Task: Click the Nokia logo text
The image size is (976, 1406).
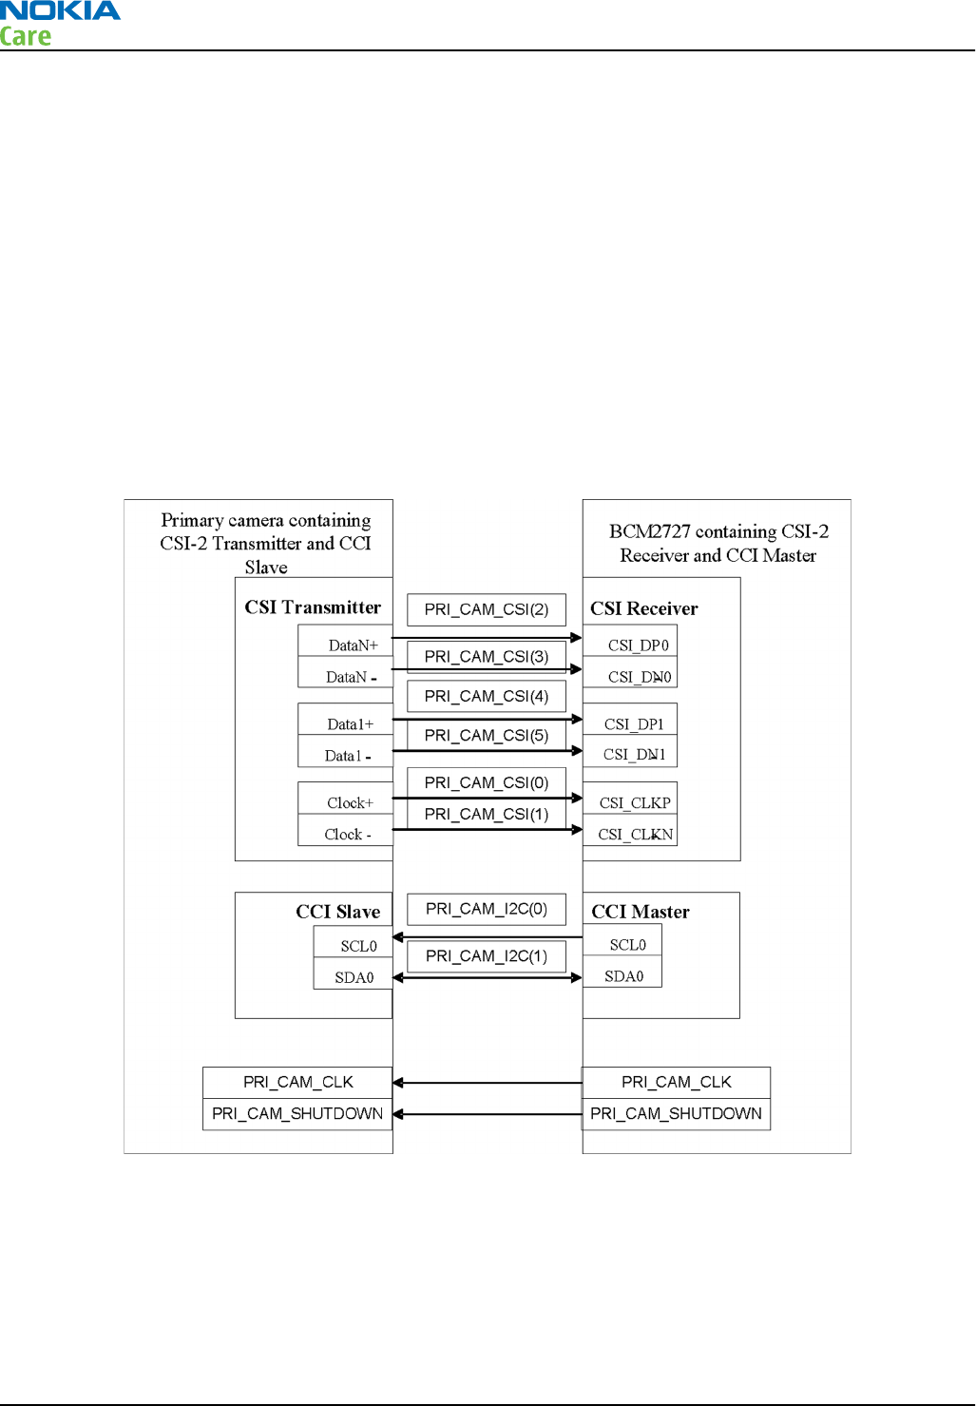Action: coord(60,11)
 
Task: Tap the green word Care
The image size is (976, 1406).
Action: coord(26,37)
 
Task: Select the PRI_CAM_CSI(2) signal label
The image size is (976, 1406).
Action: coord(486,609)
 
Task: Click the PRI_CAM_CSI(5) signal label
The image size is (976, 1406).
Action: coord(486,736)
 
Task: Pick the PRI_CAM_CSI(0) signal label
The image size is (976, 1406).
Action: coord(486,782)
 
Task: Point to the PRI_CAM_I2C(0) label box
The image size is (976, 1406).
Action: coord(486,909)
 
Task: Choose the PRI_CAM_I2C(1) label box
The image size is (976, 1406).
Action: coord(486,956)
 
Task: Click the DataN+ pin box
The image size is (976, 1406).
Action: coord(346,644)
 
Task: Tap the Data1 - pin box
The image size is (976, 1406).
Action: coord(346,756)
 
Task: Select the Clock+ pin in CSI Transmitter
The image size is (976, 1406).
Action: coord(346,802)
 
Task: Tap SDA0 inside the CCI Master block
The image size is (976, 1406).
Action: coord(623,976)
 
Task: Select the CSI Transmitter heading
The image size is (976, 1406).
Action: coord(313,607)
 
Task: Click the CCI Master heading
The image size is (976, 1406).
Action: coord(641,912)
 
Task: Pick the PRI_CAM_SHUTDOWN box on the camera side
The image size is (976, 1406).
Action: coord(297,1113)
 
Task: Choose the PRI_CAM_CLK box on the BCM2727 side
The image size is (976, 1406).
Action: coord(676,1082)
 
